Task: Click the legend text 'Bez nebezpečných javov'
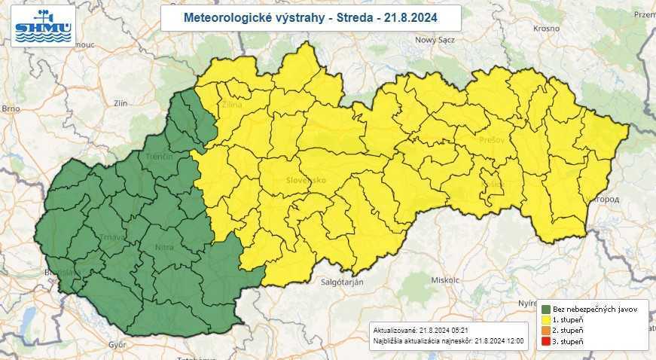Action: point(594,310)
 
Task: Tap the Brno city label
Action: point(10,108)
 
